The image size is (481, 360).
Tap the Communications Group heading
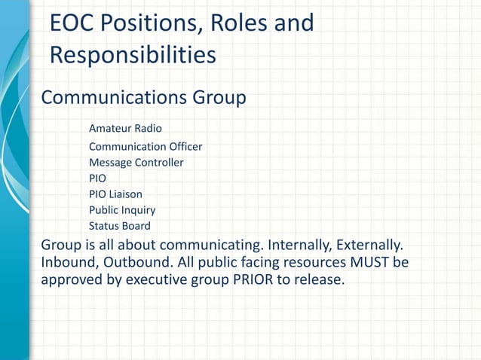(143, 98)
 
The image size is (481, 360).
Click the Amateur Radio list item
(125, 129)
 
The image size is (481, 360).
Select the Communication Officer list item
(146, 146)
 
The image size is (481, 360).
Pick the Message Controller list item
(136, 162)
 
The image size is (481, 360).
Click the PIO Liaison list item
(115, 194)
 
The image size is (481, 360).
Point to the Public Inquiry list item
(122, 210)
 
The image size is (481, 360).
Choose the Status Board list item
(119, 226)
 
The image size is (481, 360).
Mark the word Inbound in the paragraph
(68, 263)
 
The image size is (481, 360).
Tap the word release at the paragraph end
(317, 281)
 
